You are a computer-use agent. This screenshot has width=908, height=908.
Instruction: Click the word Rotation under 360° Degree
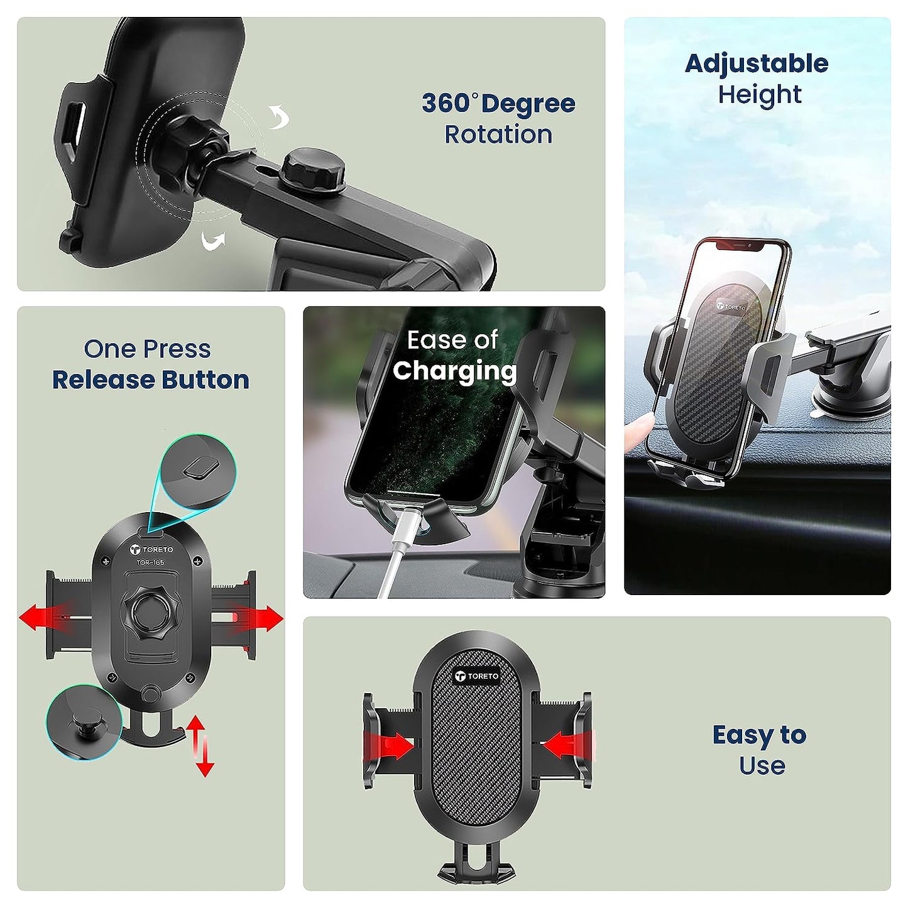(x=498, y=134)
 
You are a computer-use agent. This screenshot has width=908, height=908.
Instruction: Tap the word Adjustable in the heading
(x=757, y=63)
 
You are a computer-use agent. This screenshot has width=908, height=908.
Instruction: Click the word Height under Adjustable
(x=760, y=95)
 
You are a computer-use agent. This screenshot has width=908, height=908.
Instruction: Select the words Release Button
(x=150, y=380)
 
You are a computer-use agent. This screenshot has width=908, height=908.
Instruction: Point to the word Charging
(x=454, y=371)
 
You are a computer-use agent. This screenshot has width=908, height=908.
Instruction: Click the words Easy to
(x=759, y=735)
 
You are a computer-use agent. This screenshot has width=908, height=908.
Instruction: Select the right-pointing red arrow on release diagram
(x=261, y=618)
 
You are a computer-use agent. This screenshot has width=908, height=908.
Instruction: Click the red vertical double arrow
(x=200, y=746)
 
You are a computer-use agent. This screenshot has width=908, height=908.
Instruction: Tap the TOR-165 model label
(x=151, y=562)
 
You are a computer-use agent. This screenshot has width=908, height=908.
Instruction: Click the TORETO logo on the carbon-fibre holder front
(x=477, y=676)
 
